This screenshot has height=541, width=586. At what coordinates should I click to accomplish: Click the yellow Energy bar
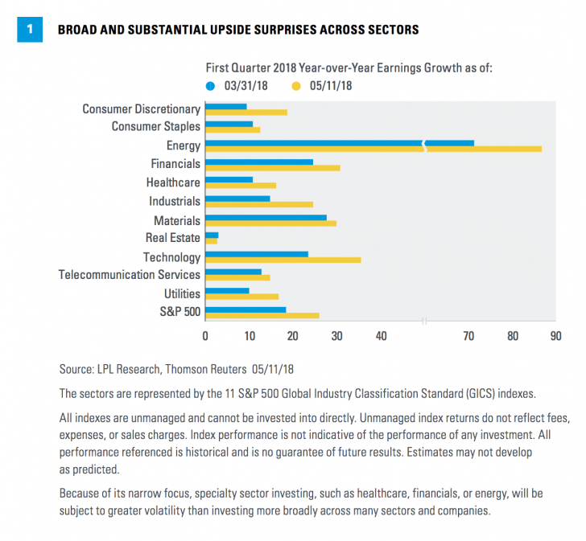pos(373,150)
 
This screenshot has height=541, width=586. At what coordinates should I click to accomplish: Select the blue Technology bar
pos(257,254)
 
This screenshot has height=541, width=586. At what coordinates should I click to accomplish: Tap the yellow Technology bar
pos(283,260)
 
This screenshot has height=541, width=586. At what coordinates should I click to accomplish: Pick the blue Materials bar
pos(266,217)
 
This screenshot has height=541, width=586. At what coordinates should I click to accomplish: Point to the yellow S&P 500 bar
pos(262,315)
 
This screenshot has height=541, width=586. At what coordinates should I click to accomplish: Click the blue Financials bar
pos(259,162)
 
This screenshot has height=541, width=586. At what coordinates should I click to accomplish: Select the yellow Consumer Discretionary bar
pos(246,113)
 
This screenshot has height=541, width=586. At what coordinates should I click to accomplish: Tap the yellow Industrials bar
pos(259,205)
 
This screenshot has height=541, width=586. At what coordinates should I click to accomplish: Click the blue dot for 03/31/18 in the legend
pos(211,83)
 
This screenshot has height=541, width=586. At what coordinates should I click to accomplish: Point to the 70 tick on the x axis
pos(468,336)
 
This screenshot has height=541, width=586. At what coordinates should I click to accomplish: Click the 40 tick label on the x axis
pos(380,336)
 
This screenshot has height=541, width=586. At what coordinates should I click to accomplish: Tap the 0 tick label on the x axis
pos(205,336)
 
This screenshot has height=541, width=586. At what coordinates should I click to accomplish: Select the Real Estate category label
pos(172,238)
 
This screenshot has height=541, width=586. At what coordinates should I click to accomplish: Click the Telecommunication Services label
pos(129,275)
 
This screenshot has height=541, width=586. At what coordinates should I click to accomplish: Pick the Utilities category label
pos(182,293)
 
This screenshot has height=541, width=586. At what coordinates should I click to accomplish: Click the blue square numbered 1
pos(30,30)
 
